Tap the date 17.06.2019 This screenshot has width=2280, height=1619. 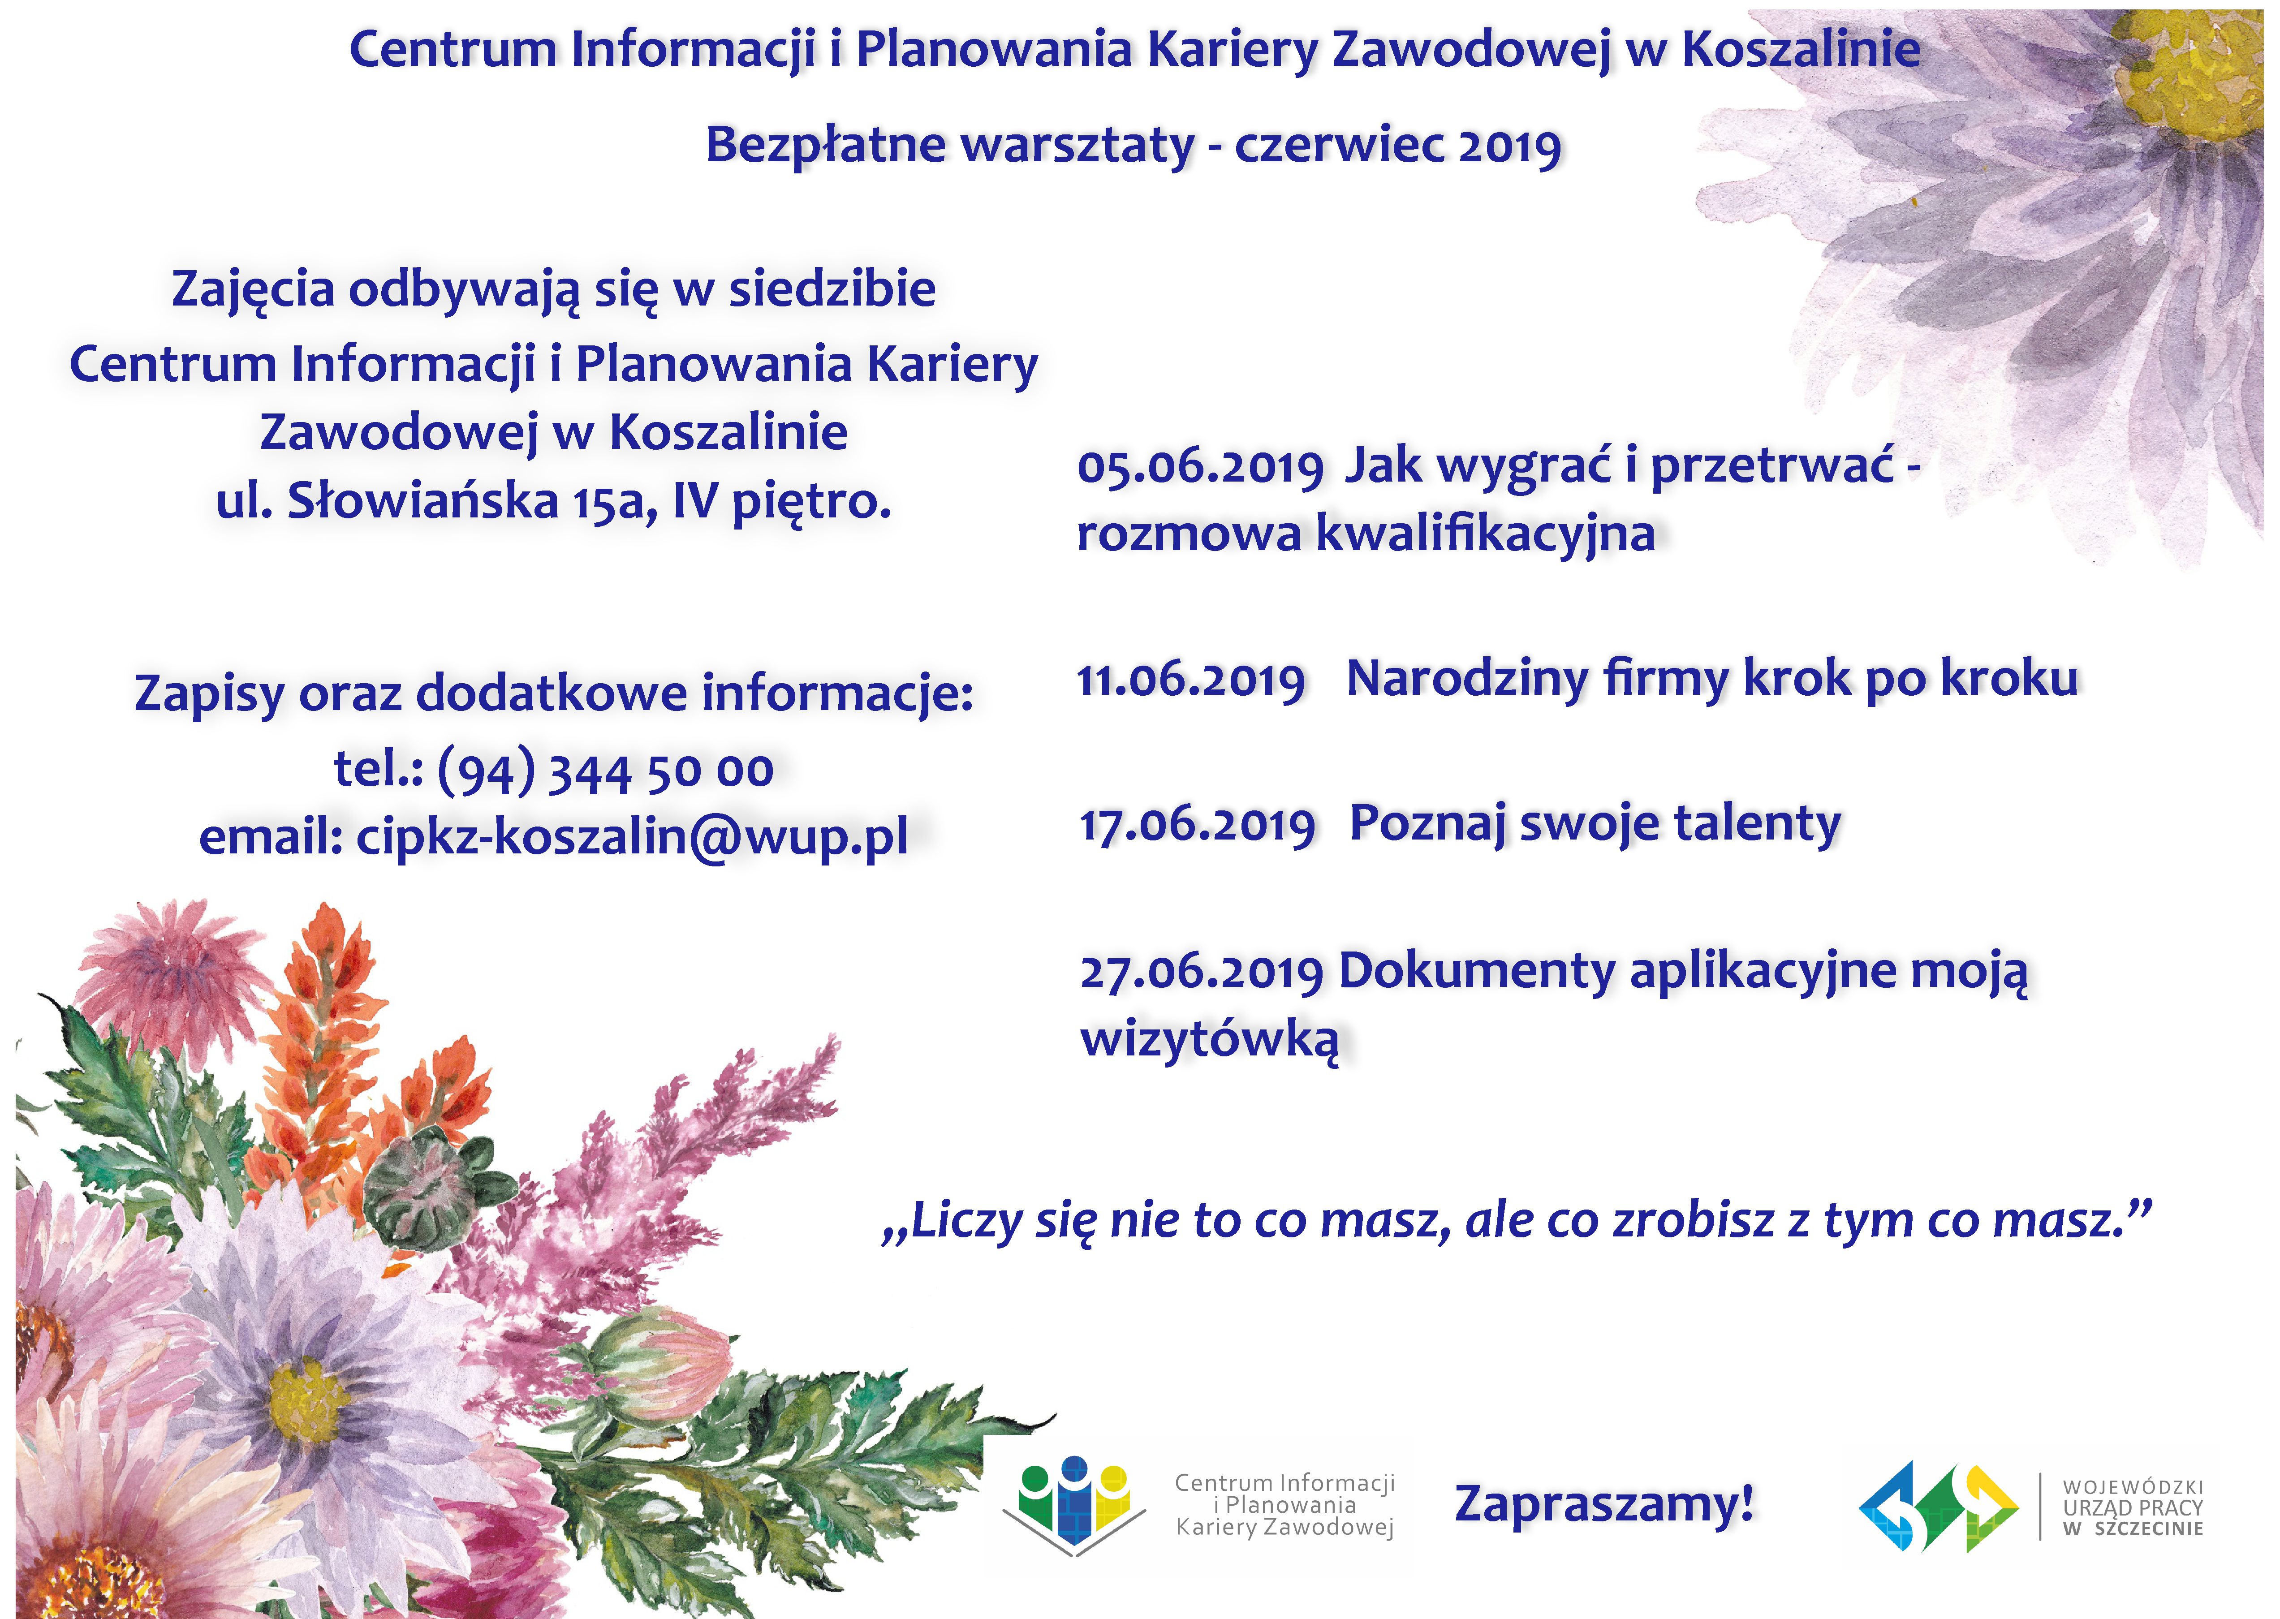click(1197, 827)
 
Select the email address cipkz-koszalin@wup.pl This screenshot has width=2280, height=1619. click(632, 836)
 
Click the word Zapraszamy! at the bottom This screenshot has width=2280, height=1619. click(1604, 1503)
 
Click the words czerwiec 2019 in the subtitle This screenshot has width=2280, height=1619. click(1398, 146)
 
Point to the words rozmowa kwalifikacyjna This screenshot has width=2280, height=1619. click(1366, 534)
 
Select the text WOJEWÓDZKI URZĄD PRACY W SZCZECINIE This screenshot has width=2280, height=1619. click(2133, 1507)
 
